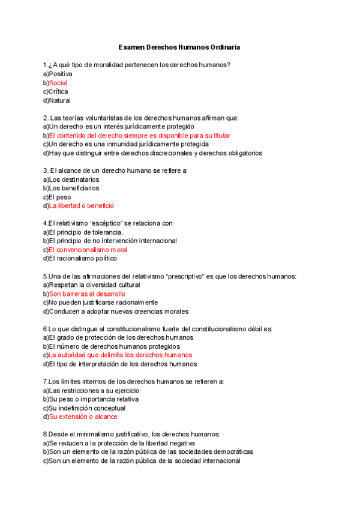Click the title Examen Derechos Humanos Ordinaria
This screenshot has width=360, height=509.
(x=180, y=47)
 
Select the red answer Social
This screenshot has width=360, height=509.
(x=58, y=83)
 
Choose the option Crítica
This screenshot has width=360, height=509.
(x=59, y=92)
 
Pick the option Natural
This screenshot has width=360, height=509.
(x=59, y=101)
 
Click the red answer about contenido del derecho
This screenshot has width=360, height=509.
(x=139, y=136)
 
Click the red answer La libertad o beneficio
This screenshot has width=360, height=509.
(x=81, y=206)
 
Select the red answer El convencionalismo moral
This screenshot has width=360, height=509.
(x=88, y=250)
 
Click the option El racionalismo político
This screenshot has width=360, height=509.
(x=83, y=259)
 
